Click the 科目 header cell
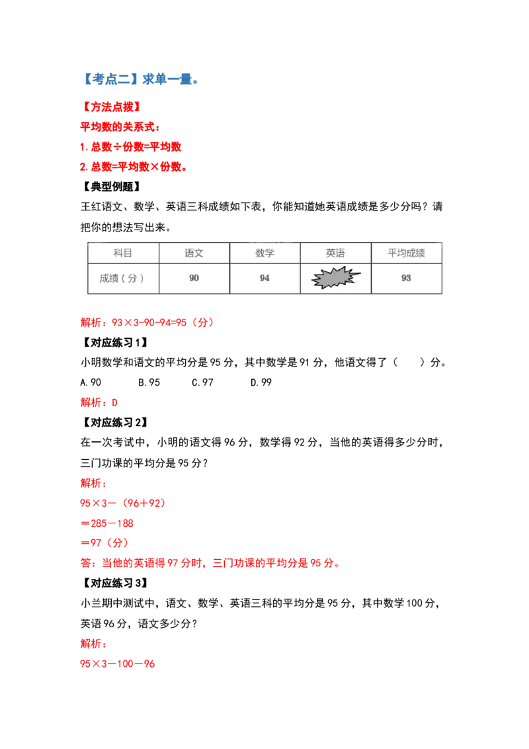[123, 253]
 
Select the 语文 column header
[194, 253]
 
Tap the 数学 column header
[264, 253]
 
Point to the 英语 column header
[335, 253]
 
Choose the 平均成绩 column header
[406, 253]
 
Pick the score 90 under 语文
[194, 279]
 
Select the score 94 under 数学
[264, 279]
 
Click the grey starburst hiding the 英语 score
[335, 279]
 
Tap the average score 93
[406, 279]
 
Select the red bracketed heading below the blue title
[113, 106]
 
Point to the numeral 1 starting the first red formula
[82, 147]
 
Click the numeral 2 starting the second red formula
[82, 168]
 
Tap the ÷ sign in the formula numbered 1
[117, 147]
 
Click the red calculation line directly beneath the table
[147, 323]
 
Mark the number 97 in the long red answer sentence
[171, 564]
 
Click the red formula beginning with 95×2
[118, 664]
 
